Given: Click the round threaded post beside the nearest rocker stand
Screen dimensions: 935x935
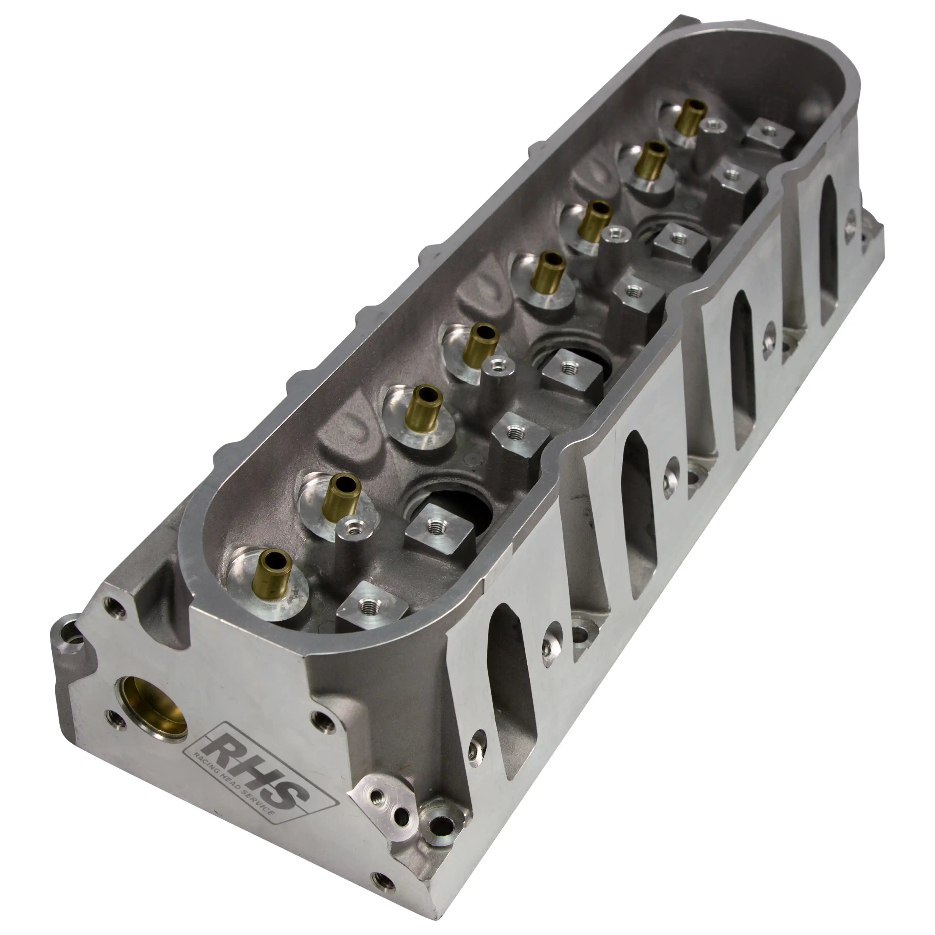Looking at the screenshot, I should (x=352, y=527).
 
